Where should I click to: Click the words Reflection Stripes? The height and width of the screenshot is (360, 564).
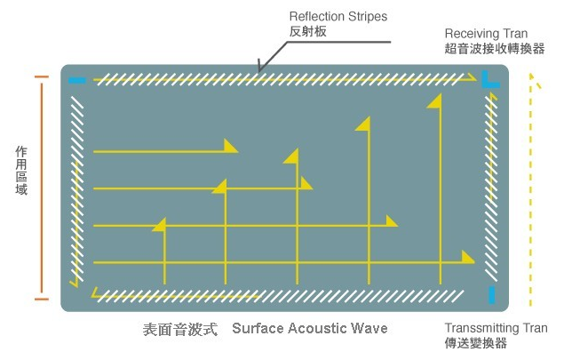(x=338, y=17)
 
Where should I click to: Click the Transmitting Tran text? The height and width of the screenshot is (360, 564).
(x=496, y=328)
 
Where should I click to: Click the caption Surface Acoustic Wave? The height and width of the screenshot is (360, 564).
(x=310, y=329)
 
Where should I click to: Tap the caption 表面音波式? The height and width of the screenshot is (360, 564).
(x=180, y=329)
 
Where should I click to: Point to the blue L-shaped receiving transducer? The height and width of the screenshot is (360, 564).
(x=489, y=82)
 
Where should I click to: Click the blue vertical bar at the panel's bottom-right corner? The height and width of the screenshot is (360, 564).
(x=491, y=295)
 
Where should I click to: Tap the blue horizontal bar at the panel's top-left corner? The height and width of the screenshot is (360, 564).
(x=77, y=81)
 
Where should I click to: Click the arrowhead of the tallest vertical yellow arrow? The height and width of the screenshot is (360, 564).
(x=434, y=102)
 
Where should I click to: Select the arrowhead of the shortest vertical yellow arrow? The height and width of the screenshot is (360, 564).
(x=160, y=225)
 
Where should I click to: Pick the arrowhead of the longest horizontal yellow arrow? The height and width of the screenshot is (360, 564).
(x=466, y=258)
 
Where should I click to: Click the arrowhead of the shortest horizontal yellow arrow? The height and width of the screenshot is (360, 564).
(x=230, y=147)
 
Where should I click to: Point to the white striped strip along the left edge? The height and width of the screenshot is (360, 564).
(x=79, y=187)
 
